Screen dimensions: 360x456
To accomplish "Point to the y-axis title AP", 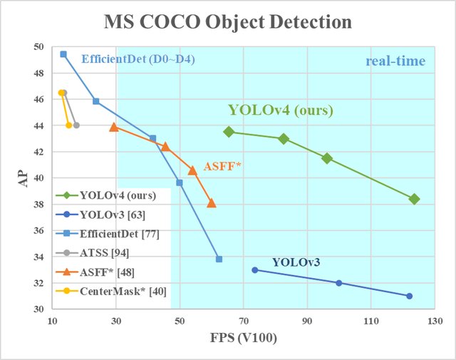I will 21,178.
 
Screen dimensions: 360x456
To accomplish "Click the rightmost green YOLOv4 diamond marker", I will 414,199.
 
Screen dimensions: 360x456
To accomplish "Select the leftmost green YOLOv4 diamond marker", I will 229,132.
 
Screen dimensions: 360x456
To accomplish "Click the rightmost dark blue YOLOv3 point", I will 409,296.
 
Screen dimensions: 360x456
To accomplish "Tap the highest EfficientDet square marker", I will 63,54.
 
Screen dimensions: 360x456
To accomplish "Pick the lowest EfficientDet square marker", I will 219,259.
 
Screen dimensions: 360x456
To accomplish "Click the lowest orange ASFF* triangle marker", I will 211,203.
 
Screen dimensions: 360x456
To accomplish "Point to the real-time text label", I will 395,61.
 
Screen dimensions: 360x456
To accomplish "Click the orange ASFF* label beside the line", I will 223,166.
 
